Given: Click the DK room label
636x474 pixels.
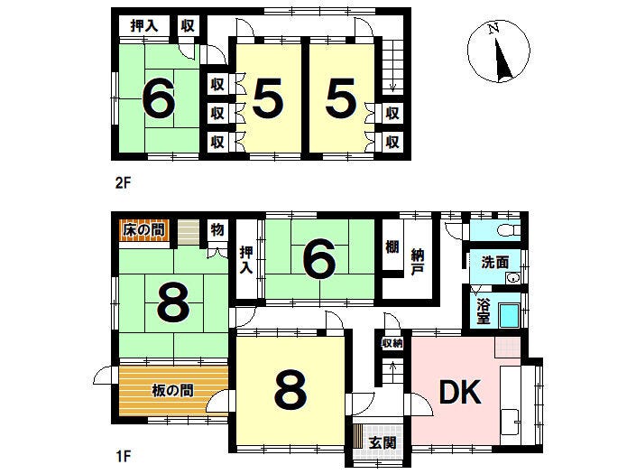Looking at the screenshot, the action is pos(460,393).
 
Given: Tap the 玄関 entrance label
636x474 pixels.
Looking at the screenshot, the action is pos(383,441).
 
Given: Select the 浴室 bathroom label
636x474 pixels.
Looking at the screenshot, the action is pos(483,311).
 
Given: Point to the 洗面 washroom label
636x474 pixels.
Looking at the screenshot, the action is pos(495,262).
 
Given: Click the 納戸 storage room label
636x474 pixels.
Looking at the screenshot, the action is pos(418,263).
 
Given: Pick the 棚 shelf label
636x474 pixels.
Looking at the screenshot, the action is pos(392,246).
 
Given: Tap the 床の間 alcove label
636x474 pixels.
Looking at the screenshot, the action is pos(144,230).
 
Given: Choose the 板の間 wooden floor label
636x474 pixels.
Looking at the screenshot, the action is pos(172,390).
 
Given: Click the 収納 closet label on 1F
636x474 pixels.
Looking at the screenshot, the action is pos(392,343).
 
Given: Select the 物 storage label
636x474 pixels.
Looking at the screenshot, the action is pos(217,229).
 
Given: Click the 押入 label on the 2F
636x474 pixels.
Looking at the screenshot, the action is pos(144,26).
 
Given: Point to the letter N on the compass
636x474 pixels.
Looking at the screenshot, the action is pos(493,28).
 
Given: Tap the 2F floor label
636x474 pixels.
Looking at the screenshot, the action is pos(124,183).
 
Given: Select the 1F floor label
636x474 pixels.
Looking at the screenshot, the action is pos(124,457).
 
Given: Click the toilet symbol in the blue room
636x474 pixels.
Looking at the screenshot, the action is pos(510,230).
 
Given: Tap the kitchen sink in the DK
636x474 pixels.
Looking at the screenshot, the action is pos(511,423).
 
